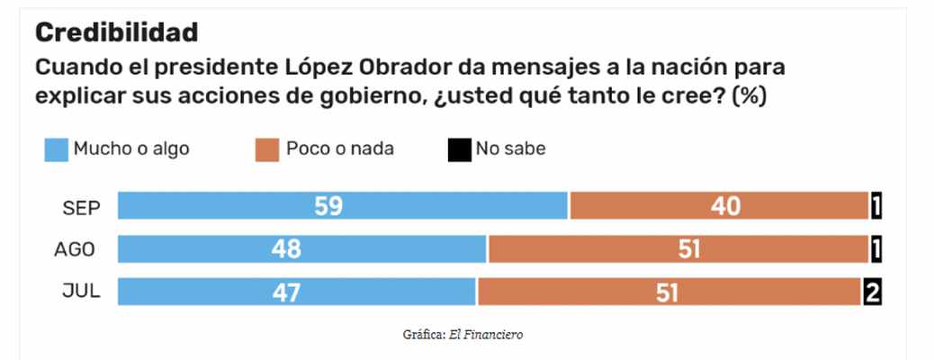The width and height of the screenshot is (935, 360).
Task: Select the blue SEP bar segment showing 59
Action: point(342,207)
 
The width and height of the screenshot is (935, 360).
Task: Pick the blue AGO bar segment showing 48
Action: point(301,249)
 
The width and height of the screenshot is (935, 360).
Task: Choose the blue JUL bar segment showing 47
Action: point(296,291)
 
